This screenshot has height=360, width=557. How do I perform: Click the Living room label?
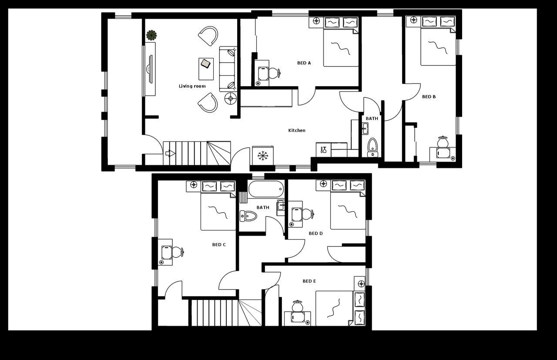click(x=192, y=86)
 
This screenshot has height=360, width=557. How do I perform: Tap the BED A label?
click(x=304, y=63)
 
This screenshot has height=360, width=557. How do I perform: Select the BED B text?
click(x=429, y=97)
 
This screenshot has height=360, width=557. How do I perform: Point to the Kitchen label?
click(x=297, y=130)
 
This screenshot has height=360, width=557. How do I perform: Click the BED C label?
click(x=219, y=245)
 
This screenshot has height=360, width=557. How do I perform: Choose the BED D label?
click(x=315, y=233)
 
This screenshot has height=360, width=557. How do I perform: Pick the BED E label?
click(x=309, y=281)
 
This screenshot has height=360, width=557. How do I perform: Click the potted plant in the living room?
click(x=151, y=35)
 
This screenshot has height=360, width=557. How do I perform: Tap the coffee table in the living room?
click(x=206, y=69)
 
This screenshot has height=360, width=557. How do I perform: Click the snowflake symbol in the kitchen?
click(x=263, y=155)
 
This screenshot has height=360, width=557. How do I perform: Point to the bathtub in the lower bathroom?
click(x=266, y=189)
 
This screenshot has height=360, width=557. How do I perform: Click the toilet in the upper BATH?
click(x=372, y=145)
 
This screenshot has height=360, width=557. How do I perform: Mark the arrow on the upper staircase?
click(x=170, y=153)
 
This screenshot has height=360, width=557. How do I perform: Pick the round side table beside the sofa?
click(x=230, y=99)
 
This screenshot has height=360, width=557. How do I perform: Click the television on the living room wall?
click(x=149, y=69)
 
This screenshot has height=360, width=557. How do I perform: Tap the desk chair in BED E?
click(x=297, y=306)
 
